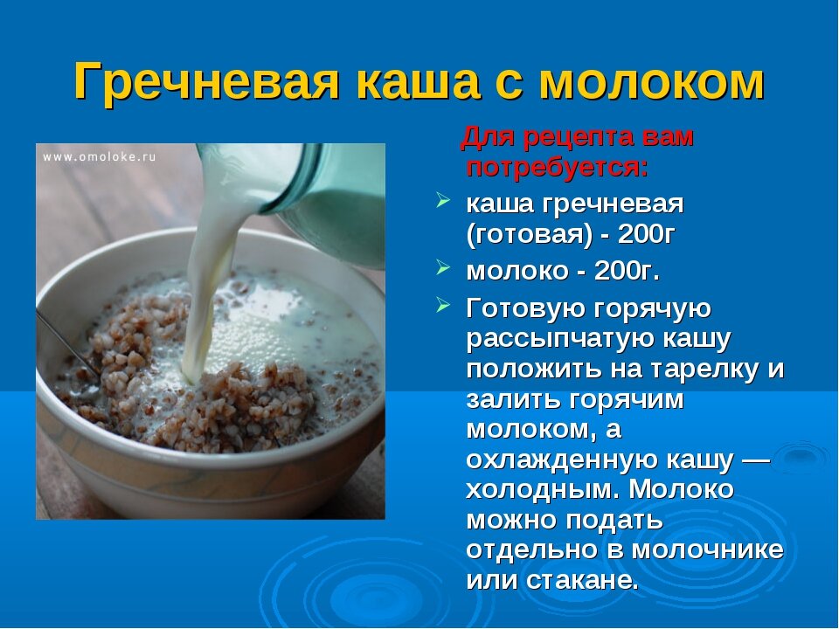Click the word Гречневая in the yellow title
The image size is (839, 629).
tap(206, 82)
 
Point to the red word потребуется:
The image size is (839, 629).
tap(557, 168)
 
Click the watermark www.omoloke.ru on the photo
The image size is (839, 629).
tap(100, 156)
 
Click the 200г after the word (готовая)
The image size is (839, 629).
tap(647, 234)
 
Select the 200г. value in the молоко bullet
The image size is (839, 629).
tap(627, 271)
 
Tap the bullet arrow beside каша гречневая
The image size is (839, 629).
tap(442, 200)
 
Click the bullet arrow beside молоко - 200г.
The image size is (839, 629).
tap(442, 267)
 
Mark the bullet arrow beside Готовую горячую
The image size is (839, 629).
tap(442, 306)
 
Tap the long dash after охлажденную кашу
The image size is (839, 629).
tap(757, 460)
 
